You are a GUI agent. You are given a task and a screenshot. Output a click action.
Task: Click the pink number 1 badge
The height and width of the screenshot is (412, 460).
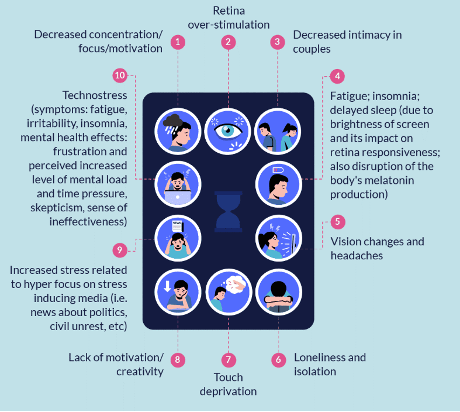[x=178, y=42]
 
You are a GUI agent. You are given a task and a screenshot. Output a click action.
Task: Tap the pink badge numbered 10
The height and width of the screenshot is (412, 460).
[x=120, y=75]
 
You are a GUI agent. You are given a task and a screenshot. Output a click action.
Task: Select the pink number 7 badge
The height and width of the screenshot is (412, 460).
[x=229, y=359]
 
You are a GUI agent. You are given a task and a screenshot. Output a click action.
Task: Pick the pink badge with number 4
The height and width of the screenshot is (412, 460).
[x=337, y=76]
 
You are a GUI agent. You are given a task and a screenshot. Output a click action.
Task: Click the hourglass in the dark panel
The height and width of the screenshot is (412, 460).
[x=228, y=211]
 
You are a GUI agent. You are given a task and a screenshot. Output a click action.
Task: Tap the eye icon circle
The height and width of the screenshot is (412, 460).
[x=227, y=131]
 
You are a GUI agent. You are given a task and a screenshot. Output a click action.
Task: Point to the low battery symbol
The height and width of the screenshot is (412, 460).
[x=278, y=170]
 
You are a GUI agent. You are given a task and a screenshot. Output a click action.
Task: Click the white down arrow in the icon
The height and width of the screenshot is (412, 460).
[x=168, y=286]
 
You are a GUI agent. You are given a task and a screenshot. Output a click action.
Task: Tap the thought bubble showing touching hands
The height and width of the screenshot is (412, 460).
[x=237, y=284]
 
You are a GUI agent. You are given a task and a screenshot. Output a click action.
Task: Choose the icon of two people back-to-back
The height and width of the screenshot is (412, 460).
[x=278, y=131]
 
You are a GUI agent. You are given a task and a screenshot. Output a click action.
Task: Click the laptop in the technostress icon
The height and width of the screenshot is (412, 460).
[x=178, y=197]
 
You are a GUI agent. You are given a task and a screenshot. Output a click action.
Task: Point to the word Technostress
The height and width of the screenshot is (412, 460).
[x=95, y=95]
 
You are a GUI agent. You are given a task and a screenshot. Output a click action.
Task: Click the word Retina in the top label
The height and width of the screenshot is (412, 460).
[x=229, y=11]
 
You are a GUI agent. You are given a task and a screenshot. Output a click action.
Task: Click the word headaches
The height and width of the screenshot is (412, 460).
[x=357, y=256]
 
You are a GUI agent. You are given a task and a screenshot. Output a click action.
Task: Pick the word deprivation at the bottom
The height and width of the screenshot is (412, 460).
[x=228, y=392]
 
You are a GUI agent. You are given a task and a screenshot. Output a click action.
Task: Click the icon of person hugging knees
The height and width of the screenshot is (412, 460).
[x=279, y=292]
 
